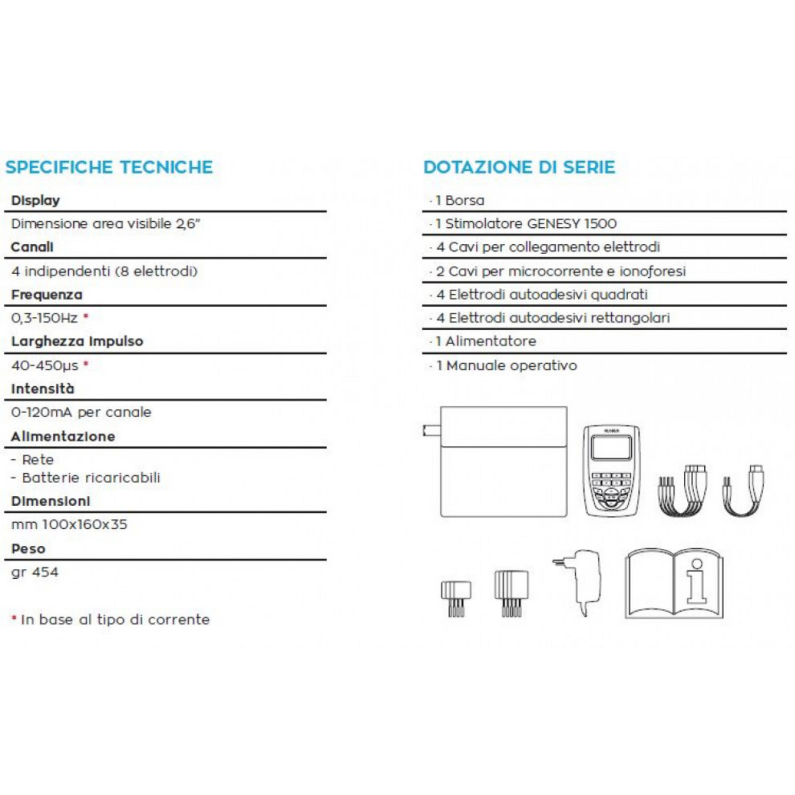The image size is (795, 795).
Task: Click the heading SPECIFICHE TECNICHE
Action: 109,167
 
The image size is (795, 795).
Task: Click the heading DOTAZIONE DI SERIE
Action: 519,167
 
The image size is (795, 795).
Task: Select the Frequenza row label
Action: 47,295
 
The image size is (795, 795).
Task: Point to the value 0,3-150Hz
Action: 44,318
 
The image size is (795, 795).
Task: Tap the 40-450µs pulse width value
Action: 45,365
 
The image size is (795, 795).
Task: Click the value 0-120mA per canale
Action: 81,412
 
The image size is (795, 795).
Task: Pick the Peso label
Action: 28,549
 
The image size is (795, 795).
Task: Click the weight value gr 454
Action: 35,572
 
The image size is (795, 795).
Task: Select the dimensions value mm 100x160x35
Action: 69,524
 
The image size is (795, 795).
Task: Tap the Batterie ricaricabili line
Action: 91,478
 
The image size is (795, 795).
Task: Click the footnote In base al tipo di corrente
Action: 115,619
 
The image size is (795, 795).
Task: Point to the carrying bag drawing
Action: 503,462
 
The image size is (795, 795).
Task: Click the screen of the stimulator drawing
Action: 611,448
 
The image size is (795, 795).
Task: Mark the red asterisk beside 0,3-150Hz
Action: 86,316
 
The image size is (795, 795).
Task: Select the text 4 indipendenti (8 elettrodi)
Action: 104,271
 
